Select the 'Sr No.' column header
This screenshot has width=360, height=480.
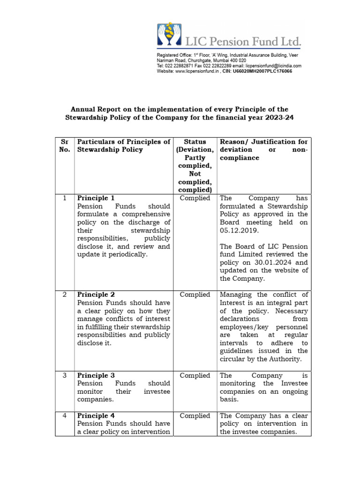65,146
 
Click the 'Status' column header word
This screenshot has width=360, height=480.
195,142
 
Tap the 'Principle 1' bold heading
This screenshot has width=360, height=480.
96,198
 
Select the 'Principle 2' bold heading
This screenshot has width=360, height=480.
96,295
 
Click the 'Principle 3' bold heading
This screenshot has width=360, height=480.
96,375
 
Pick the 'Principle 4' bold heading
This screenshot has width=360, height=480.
96,416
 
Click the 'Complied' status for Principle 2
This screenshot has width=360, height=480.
195,295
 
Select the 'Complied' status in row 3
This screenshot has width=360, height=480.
195,375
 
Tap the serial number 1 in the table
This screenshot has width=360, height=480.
65,198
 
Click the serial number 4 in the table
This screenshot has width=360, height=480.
65,416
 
